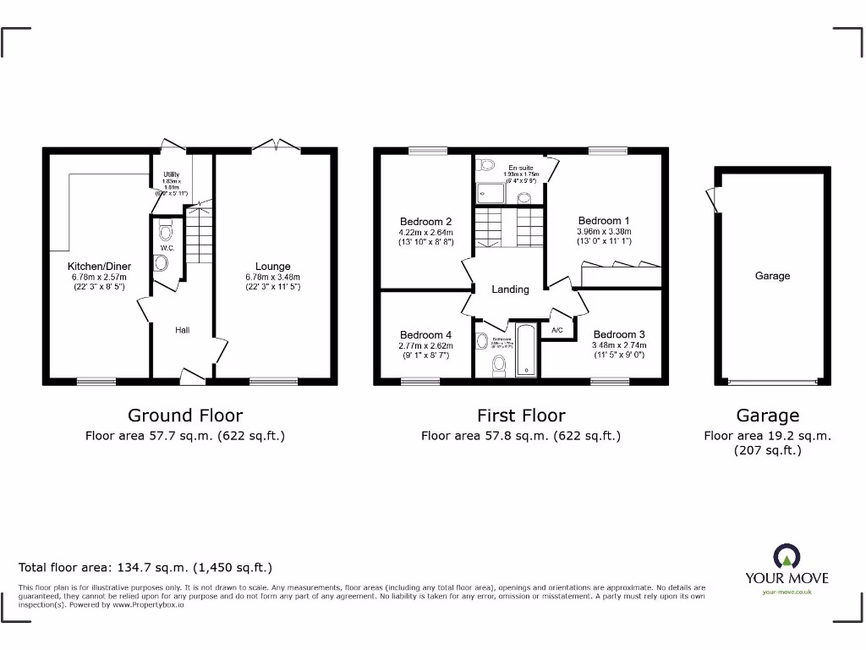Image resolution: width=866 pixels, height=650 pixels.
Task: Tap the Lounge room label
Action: (273, 266)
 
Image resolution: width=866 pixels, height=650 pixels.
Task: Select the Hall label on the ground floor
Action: (183, 330)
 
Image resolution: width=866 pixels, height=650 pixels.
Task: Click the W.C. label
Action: (167, 248)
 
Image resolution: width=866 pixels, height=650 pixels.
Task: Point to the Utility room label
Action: (171, 174)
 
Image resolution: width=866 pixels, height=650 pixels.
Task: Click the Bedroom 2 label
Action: (425, 222)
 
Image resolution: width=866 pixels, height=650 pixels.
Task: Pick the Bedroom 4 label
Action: (425, 334)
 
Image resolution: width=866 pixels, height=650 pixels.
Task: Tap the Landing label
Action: (510, 289)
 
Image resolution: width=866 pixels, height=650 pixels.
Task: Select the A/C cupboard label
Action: (557, 330)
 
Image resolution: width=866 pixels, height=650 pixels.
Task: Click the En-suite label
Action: (520, 168)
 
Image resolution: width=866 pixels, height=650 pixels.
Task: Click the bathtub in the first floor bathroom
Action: (526, 349)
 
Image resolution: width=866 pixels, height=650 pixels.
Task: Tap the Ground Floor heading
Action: (184, 416)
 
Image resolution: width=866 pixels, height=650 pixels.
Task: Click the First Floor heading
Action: (521, 416)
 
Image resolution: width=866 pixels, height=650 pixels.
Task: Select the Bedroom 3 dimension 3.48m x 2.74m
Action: (619, 345)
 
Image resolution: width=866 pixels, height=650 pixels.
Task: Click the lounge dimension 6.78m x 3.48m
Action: (273, 277)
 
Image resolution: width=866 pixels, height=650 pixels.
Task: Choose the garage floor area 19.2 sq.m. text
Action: (767, 436)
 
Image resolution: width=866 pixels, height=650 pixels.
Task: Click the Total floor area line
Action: (145, 568)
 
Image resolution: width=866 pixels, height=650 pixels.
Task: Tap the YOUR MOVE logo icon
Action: (787, 557)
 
